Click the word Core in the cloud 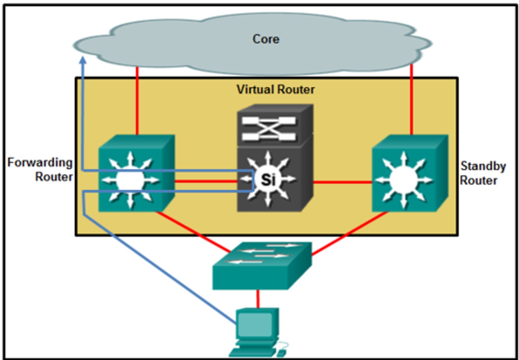click(266, 39)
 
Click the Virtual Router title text click(275, 89)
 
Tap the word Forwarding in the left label click(40, 163)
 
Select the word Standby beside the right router click(483, 166)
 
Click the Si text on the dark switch click(268, 179)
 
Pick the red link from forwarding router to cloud click(137, 101)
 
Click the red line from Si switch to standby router click(342, 182)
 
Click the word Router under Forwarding click(54, 177)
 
